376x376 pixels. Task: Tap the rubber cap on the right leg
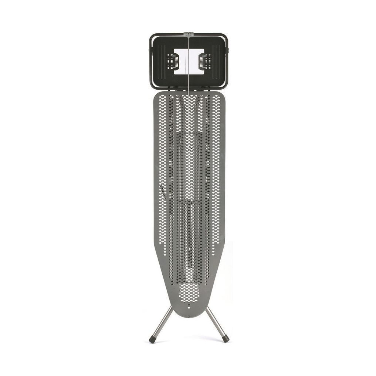coord(226,339)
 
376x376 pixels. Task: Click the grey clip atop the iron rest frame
coord(189,35)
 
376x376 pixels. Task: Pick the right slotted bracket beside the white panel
coord(204,61)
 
